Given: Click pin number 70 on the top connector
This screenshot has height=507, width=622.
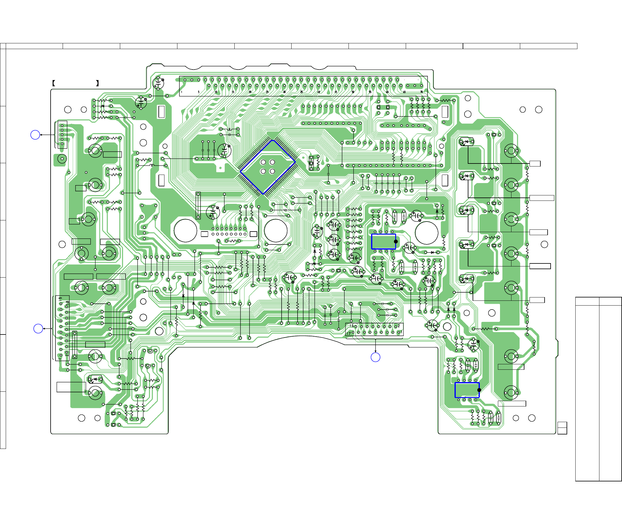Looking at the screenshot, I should (x=421, y=92).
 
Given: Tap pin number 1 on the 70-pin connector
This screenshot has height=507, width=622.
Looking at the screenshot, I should (x=182, y=92).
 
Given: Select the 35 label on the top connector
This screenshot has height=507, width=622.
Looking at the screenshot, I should (x=302, y=92).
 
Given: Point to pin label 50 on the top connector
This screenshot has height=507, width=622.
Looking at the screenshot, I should (x=353, y=92).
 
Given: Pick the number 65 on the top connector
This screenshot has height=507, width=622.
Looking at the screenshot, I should (x=404, y=92).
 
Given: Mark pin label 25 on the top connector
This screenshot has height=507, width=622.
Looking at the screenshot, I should (x=267, y=92).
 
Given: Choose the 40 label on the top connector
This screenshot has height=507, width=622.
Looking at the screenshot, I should (x=319, y=92).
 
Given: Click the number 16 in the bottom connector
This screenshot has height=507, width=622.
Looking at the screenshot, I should (x=352, y=325).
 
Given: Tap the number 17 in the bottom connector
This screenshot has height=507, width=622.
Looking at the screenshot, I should (x=349, y=333).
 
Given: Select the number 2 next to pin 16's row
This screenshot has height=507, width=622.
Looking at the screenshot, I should (x=399, y=326).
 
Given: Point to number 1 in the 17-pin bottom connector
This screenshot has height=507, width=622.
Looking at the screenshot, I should (x=401, y=332).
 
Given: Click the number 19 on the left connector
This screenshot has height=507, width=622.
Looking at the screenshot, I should (x=61, y=299).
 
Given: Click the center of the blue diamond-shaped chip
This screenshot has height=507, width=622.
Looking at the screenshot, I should (x=268, y=167).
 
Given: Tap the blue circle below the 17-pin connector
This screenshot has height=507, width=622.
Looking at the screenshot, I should (x=375, y=357).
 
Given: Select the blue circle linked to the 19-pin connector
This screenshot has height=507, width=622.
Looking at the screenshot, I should (x=38, y=328).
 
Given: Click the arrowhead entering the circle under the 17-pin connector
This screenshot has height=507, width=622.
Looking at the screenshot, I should (x=375, y=351).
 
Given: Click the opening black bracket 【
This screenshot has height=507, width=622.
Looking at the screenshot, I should (x=53, y=83).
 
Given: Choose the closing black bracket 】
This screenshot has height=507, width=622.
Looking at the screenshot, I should (x=97, y=83).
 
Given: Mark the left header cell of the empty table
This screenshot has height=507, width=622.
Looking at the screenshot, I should (x=587, y=301).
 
